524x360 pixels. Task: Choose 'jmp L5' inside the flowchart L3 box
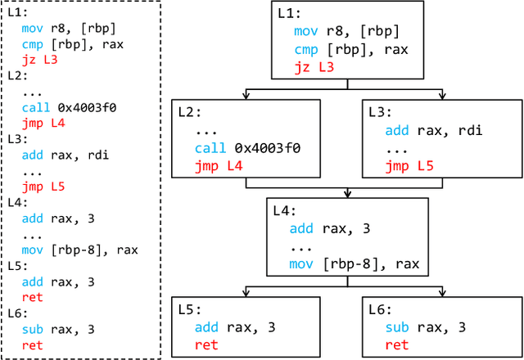click(x=409, y=166)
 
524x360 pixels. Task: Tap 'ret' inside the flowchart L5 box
click(x=206, y=345)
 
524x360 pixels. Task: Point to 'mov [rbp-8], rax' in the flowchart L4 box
click(x=354, y=263)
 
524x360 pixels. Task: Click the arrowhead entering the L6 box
click(x=443, y=293)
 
